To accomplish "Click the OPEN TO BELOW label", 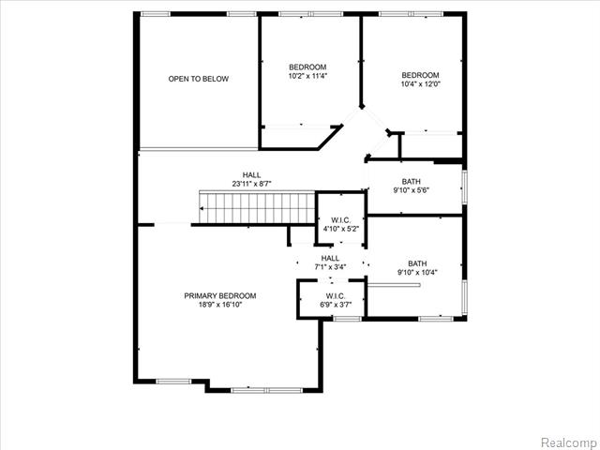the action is click(x=198, y=79).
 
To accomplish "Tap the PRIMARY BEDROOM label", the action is click(x=220, y=296).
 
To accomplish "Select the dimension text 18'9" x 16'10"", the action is click(x=220, y=305).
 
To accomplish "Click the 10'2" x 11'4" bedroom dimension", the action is click(x=307, y=76).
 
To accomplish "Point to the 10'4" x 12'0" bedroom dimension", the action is click(x=421, y=84).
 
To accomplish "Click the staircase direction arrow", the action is click(x=202, y=208).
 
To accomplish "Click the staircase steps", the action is click(x=257, y=207).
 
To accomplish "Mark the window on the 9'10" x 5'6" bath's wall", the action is click(x=465, y=187).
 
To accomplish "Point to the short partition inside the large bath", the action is click(x=394, y=285).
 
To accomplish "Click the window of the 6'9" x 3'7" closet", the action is click(x=347, y=319).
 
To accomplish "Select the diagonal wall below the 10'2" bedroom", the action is click(x=330, y=137).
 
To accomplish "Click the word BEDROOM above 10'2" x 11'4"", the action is click(x=307, y=67).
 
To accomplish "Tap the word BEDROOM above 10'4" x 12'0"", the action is click(x=421, y=75).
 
